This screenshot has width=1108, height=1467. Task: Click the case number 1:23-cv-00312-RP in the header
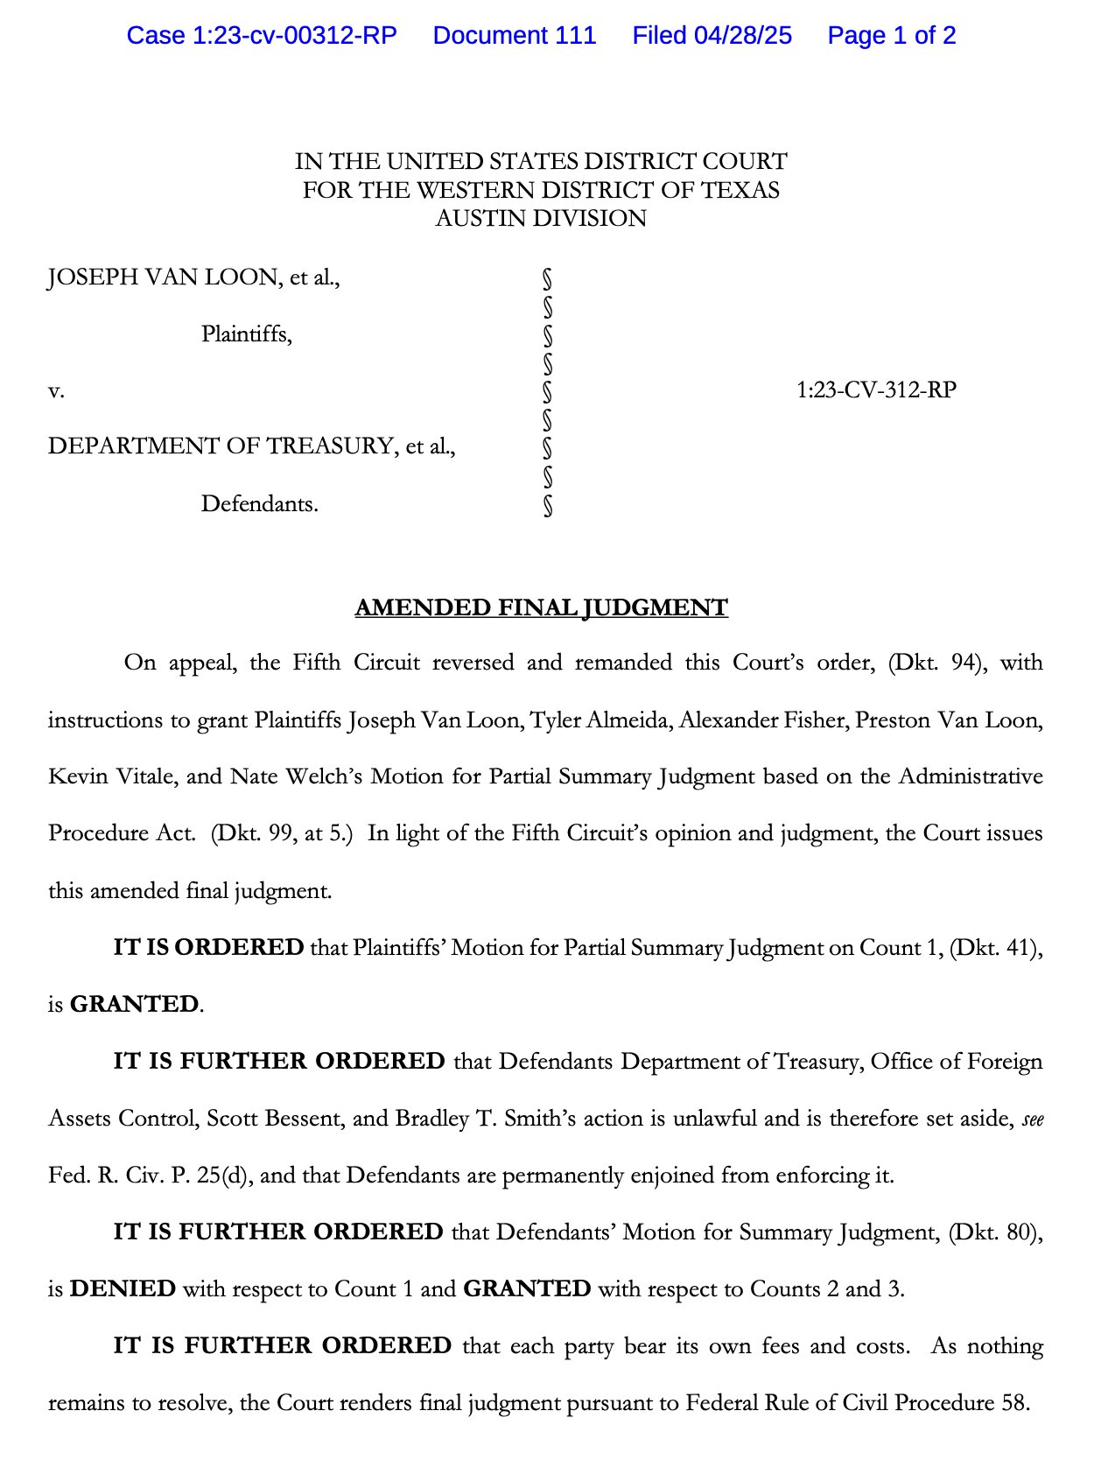[262, 36]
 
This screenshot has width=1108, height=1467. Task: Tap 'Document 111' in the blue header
[515, 36]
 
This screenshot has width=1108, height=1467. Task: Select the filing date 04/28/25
[743, 36]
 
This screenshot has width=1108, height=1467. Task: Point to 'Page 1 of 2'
[891, 36]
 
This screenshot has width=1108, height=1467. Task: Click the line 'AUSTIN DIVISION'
[541, 218]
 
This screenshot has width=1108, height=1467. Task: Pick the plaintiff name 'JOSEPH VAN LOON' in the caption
[163, 277]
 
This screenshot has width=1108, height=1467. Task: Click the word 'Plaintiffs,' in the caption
[246, 333]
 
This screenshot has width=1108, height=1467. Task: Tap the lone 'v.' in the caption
[56, 390]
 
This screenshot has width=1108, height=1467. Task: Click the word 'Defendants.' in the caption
[259, 504]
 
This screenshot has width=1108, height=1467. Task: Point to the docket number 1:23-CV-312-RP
[876, 390]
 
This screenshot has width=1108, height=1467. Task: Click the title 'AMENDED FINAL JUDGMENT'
[541, 607]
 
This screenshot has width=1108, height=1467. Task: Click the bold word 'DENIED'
[123, 1289]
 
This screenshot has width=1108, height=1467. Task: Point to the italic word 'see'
[1033, 1120]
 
